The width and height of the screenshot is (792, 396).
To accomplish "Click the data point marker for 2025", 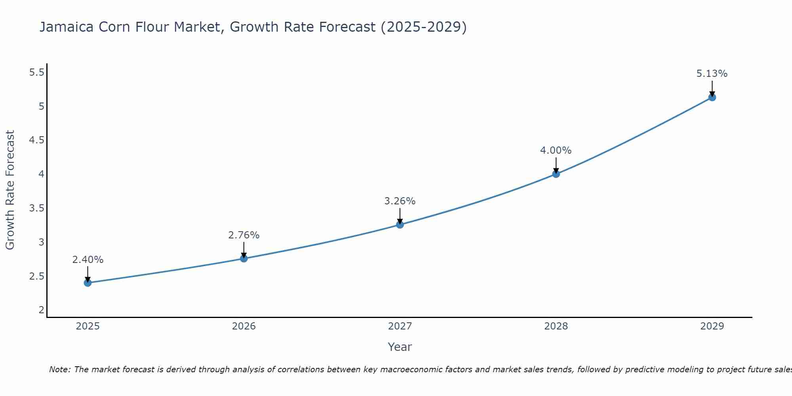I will click(88, 283).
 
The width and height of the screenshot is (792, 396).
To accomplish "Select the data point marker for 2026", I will click(244, 259).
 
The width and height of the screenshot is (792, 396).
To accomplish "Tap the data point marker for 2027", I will click(400, 225).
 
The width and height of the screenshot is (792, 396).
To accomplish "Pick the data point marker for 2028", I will click(556, 174).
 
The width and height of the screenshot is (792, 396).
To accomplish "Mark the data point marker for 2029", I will click(712, 97).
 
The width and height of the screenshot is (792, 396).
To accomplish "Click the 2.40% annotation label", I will click(88, 260).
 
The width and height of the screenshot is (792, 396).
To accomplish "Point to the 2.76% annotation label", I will click(244, 235).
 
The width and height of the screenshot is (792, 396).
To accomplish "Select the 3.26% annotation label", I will click(400, 201).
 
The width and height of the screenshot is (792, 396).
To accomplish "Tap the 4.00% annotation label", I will click(556, 150).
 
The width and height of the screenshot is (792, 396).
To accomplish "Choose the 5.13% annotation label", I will click(712, 74).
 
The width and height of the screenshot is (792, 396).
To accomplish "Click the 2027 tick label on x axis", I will click(400, 326).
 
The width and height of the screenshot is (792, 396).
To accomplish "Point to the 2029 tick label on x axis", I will click(712, 326).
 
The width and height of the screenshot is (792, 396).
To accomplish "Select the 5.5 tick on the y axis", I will click(37, 72).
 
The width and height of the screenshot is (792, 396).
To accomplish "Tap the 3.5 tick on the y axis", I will click(37, 208).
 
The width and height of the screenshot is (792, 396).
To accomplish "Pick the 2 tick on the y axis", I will click(41, 310).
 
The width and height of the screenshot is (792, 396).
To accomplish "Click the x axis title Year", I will click(400, 347).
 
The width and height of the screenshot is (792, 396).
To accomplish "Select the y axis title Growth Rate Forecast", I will click(10, 190).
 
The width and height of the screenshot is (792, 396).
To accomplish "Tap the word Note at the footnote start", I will click(59, 369).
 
